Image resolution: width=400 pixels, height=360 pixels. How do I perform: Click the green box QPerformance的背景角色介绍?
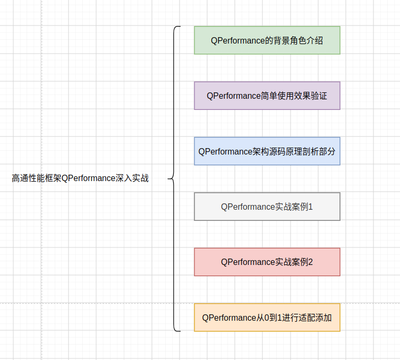(x=267, y=40)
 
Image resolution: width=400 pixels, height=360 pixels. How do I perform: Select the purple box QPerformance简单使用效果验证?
(x=267, y=96)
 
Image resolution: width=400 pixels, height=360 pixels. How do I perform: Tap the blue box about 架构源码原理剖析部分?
(x=267, y=151)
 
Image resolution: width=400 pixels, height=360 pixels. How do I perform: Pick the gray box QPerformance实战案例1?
(x=267, y=207)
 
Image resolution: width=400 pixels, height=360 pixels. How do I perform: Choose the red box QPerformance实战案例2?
(x=267, y=262)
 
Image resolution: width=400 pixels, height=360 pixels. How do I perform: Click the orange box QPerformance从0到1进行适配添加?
(x=267, y=318)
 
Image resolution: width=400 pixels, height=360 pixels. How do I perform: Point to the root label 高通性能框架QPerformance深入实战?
(x=80, y=178)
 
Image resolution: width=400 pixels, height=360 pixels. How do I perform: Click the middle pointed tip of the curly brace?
(x=168, y=179)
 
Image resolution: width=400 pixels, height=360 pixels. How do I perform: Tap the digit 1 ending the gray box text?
(x=310, y=207)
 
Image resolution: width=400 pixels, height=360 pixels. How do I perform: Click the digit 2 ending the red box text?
(x=310, y=262)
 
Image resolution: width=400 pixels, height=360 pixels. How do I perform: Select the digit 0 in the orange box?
(x=267, y=318)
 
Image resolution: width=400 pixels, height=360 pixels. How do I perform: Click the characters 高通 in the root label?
(x=20, y=178)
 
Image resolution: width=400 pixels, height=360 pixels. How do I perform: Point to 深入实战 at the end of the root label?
(x=132, y=178)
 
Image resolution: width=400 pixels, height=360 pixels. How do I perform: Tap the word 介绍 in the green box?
(x=315, y=40)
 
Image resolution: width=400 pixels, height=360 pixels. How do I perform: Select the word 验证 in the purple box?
(x=319, y=96)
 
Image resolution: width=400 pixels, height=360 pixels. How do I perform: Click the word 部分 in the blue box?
(x=327, y=151)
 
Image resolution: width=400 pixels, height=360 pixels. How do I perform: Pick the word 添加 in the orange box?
(x=323, y=318)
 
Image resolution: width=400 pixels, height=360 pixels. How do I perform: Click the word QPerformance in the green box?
(x=238, y=40)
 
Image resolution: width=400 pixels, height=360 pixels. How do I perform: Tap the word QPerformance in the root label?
(x=89, y=178)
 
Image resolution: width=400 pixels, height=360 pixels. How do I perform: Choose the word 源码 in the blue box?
(x=277, y=151)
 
